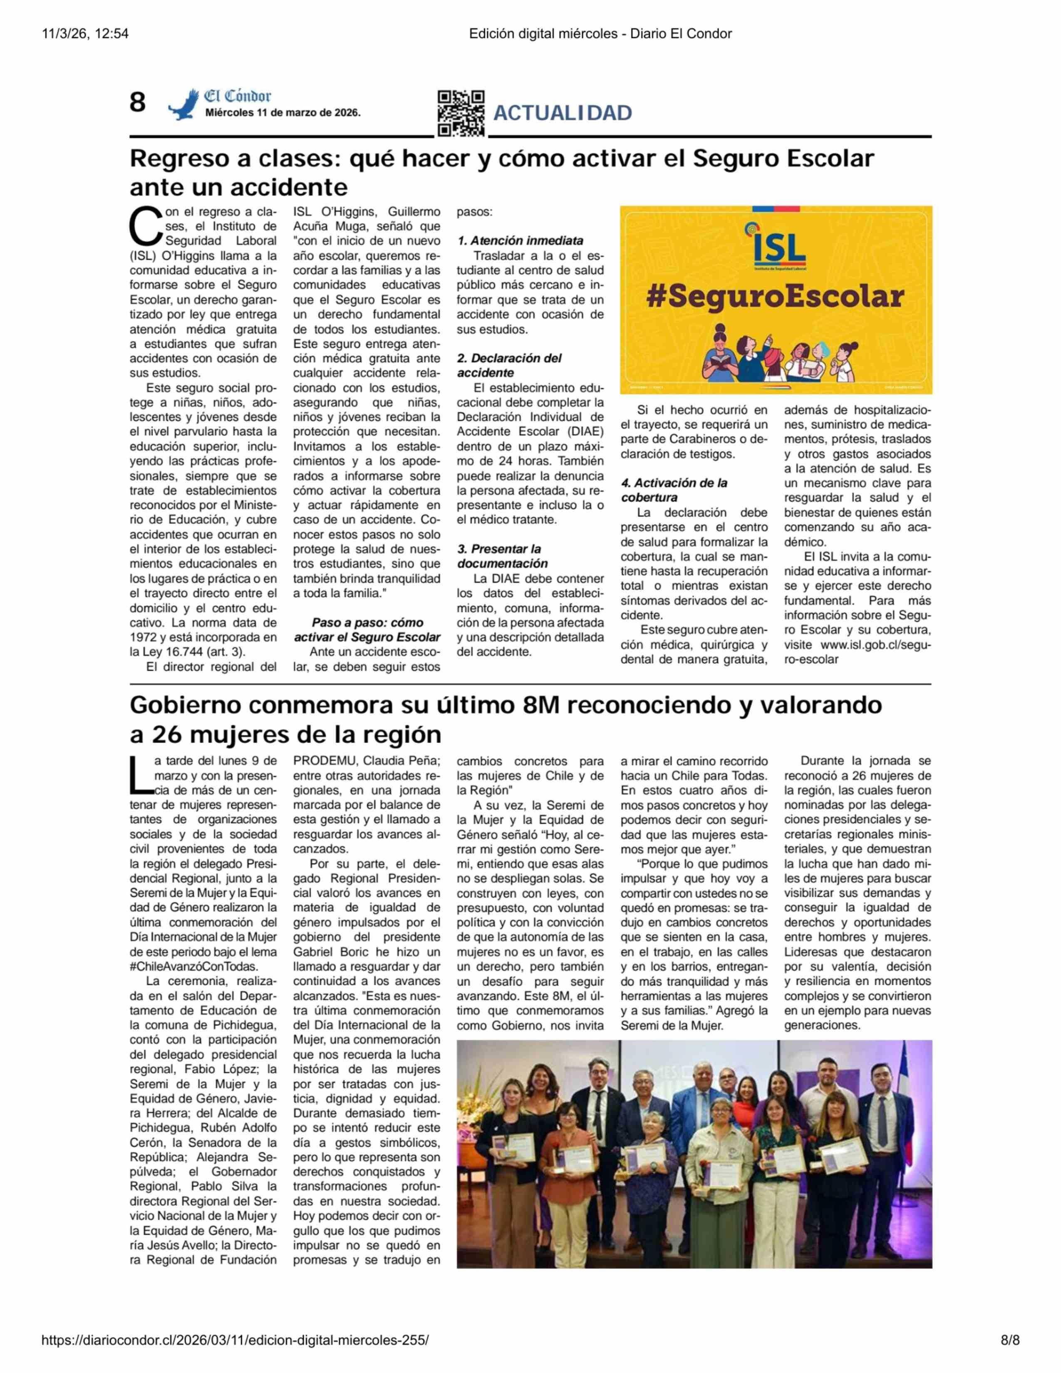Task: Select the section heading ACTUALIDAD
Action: pos(563,113)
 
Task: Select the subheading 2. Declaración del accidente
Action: pos(509,365)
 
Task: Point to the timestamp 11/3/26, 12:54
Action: pos(85,34)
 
